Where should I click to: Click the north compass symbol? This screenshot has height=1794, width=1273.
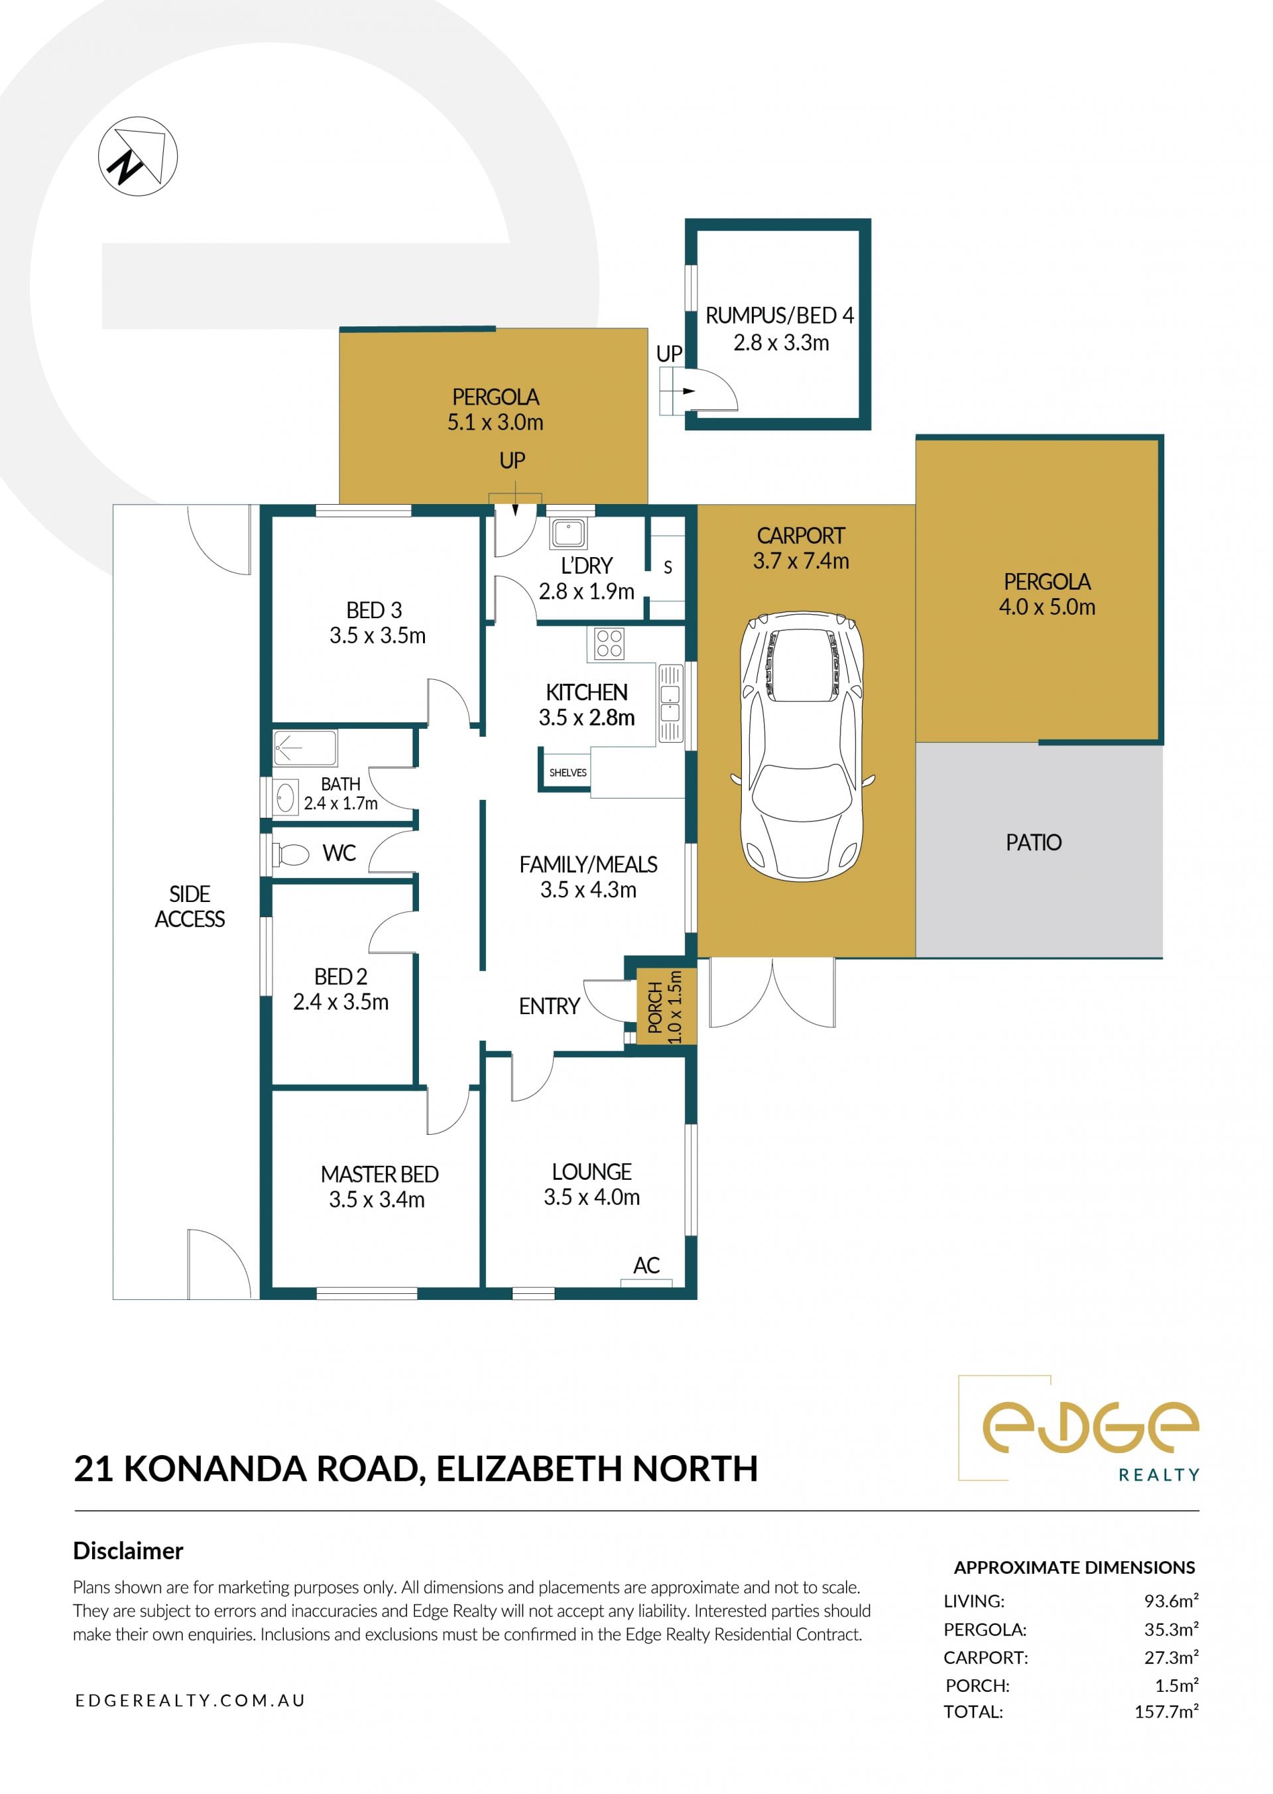pos(138,156)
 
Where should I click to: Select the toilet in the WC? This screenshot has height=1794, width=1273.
pos(290,854)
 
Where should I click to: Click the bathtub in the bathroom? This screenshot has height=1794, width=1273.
pos(305,748)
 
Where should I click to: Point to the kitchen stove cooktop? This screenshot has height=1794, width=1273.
pos(609,644)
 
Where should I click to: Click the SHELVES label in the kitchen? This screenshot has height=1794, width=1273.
pos(568,773)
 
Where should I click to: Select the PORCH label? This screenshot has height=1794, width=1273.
pos(655,1007)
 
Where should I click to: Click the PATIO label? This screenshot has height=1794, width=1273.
pos(1033,842)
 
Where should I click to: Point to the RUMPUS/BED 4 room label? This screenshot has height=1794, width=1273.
pos(779,315)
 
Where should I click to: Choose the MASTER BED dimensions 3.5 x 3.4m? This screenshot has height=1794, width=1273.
pos(377,1199)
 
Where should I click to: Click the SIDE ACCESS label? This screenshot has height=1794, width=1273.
pos(190,907)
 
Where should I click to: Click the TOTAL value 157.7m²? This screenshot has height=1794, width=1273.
pos(1166,1711)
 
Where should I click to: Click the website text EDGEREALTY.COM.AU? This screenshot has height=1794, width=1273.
pos(190,1700)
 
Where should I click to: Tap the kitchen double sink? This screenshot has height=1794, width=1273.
pos(670,703)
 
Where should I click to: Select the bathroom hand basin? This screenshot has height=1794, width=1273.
pos(284,797)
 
